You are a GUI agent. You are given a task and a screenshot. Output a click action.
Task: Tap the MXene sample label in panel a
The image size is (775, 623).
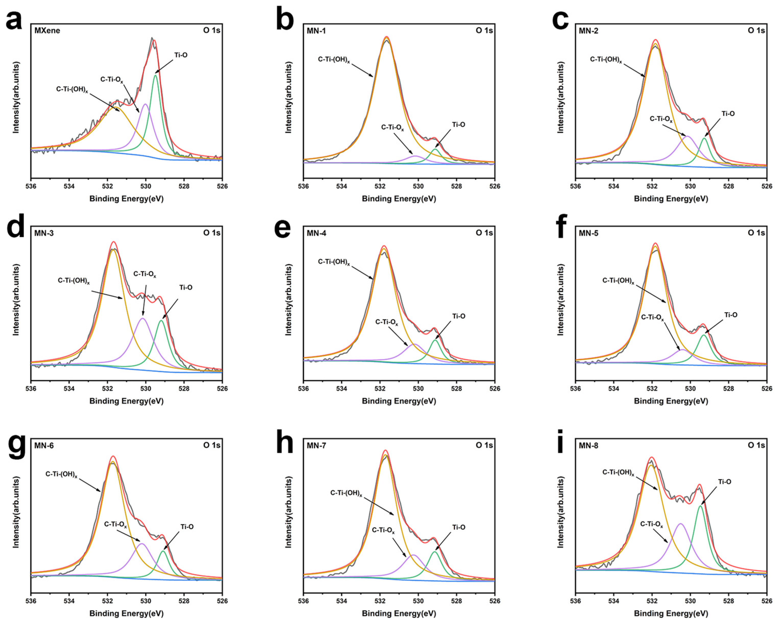(x=47, y=31)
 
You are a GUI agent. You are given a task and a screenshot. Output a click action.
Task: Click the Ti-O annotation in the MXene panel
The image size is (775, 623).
(x=181, y=55)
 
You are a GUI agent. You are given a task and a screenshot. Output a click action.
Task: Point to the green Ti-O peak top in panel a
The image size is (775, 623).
(x=155, y=75)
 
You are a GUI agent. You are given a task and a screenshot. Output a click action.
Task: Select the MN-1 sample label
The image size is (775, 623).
(x=316, y=31)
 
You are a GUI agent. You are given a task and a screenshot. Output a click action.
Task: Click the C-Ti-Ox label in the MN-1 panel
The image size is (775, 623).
(x=393, y=128)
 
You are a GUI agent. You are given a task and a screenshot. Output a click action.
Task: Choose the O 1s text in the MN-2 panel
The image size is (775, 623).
(x=756, y=31)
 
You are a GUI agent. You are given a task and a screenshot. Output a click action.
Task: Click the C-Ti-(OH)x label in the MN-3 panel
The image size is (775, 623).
(x=74, y=281)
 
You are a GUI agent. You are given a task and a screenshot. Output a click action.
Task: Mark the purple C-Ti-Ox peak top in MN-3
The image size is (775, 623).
(x=143, y=318)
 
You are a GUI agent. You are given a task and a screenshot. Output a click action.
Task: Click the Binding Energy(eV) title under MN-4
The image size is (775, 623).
(x=399, y=401)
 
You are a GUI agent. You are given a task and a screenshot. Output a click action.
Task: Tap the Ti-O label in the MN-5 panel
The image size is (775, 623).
(x=730, y=315)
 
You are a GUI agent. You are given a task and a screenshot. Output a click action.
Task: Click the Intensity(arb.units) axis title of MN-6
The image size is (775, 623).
(x=16, y=512)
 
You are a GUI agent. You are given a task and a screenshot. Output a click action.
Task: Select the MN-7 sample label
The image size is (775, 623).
(x=316, y=446)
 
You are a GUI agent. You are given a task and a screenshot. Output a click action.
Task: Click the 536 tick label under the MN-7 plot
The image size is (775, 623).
(x=303, y=601)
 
